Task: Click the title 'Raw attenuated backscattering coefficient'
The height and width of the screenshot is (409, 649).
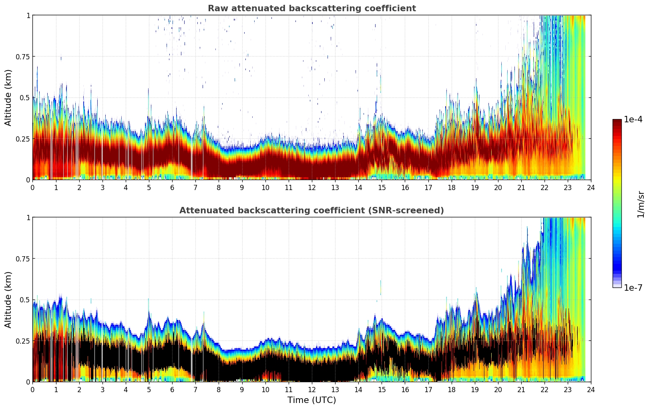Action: click(x=311, y=8)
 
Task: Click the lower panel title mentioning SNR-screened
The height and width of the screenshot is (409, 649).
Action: click(x=311, y=211)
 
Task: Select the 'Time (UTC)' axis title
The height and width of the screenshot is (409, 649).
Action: click(x=311, y=400)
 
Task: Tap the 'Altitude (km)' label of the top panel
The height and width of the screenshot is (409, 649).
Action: click(x=8, y=97)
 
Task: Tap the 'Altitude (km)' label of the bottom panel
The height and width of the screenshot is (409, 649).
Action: click(x=8, y=300)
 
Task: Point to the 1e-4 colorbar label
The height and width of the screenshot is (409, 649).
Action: click(x=633, y=119)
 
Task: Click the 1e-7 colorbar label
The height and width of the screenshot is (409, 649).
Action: click(x=633, y=288)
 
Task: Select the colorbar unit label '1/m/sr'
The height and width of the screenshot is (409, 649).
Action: click(x=641, y=204)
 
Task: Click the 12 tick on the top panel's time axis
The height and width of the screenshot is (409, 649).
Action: click(x=312, y=187)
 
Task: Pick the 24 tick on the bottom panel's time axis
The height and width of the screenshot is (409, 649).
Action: click(x=591, y=389)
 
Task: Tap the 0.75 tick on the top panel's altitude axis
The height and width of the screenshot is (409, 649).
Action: click(x=22, y=57)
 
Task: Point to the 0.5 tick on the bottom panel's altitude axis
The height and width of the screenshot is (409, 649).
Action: click(x=25, y=300)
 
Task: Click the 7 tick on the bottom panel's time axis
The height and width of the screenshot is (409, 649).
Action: click(x=195, y=389)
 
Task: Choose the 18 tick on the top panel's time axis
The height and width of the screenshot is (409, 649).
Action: click(x=451, y=187)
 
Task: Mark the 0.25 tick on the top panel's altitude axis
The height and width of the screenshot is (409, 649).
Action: click(x=22, y=139)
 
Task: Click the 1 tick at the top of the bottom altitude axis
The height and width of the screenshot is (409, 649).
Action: click(x=28, y=218)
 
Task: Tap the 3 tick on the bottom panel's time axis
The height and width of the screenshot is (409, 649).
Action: click(x=102, y=389)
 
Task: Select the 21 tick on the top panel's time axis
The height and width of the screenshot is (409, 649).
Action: click(x=521, y=187)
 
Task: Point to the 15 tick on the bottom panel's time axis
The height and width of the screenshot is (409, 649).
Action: click(x=382, y=389)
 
